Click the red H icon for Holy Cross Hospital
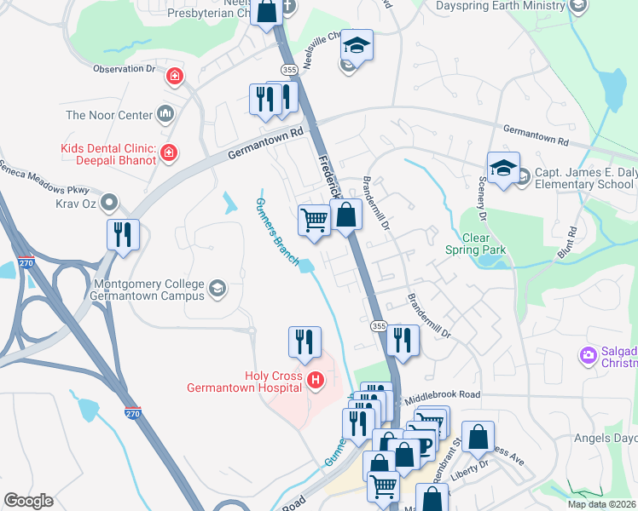(316, 379)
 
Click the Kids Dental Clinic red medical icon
(169, 153)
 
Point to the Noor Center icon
(165, 114)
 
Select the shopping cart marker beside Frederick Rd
(314, 221)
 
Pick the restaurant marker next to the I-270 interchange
(123, 234)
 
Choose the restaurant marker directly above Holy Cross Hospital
(304, 342)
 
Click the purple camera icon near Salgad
(587, 355)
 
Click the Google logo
(28, 501)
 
